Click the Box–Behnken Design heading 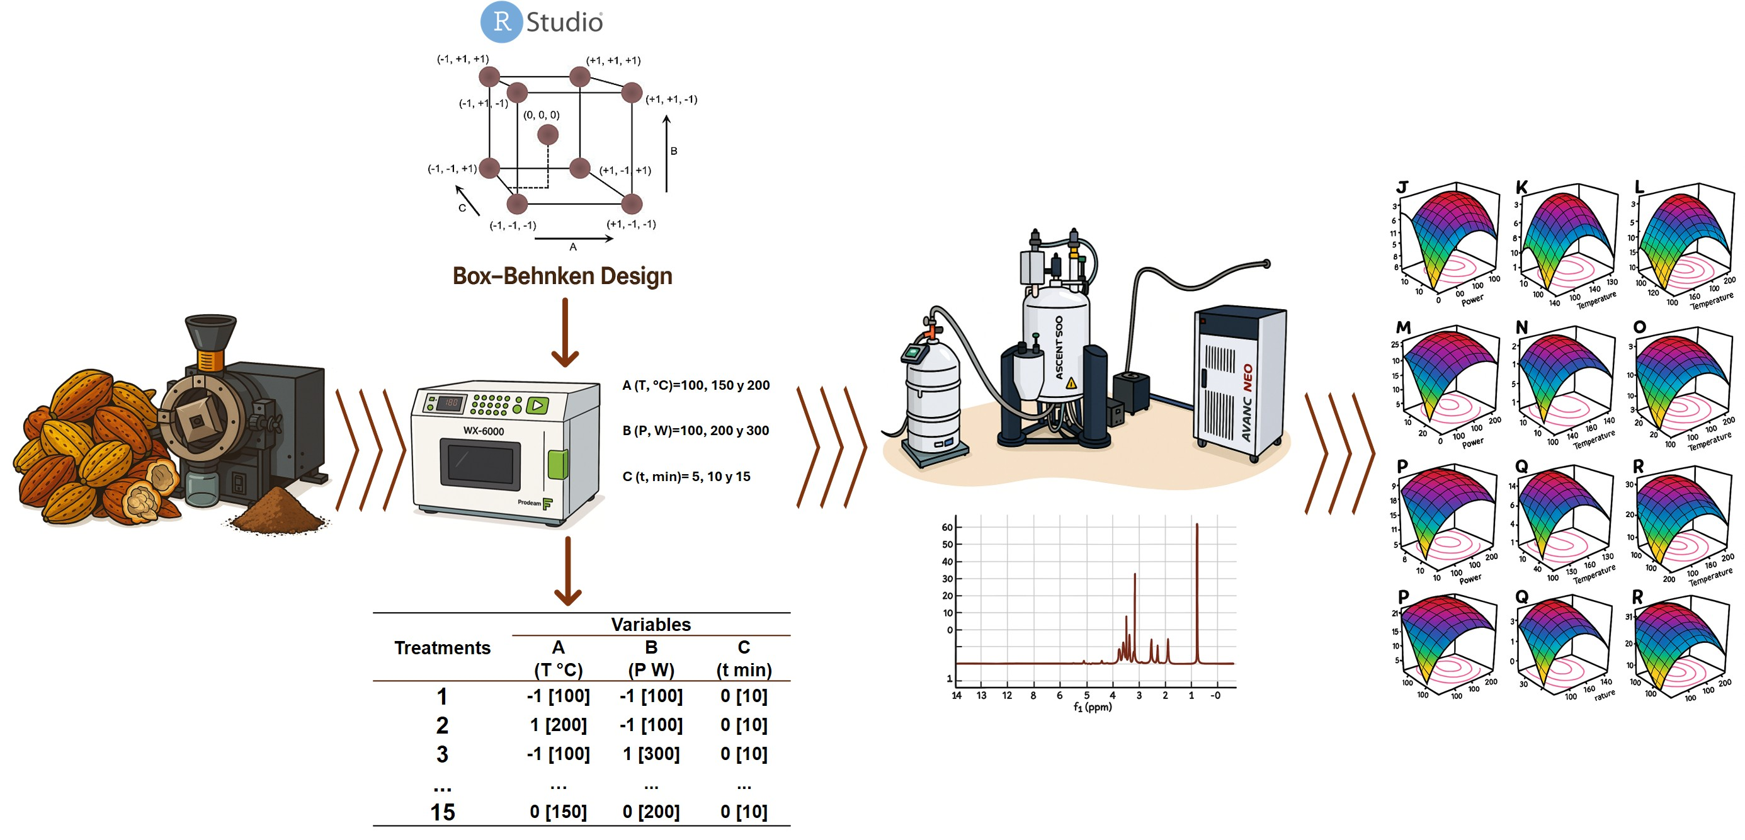562,276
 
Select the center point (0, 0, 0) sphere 547,134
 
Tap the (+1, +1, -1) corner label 671,99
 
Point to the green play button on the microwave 537,405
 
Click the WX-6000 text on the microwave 483,431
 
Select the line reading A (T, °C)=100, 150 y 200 696,385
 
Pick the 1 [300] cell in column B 651,754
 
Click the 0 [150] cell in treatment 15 558,812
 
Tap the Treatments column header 442,649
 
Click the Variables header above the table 651,624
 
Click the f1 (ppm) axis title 1093,707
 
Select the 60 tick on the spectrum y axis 947,527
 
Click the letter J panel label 1402,188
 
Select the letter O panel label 1639,327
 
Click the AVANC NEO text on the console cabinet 1247,403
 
